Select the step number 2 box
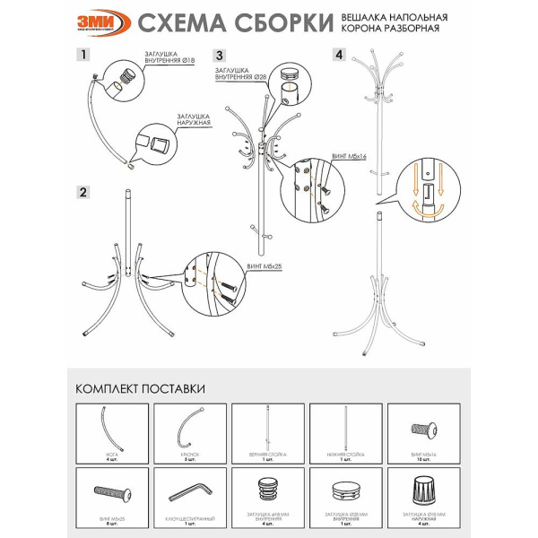click(x=82, y=192)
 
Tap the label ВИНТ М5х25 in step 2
click(x=262, y=266)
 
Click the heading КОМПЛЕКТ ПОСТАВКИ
click(x=140, y=388)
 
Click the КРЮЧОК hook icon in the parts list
click(x=189, y=428)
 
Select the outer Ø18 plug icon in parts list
click(x=423, y=489)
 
